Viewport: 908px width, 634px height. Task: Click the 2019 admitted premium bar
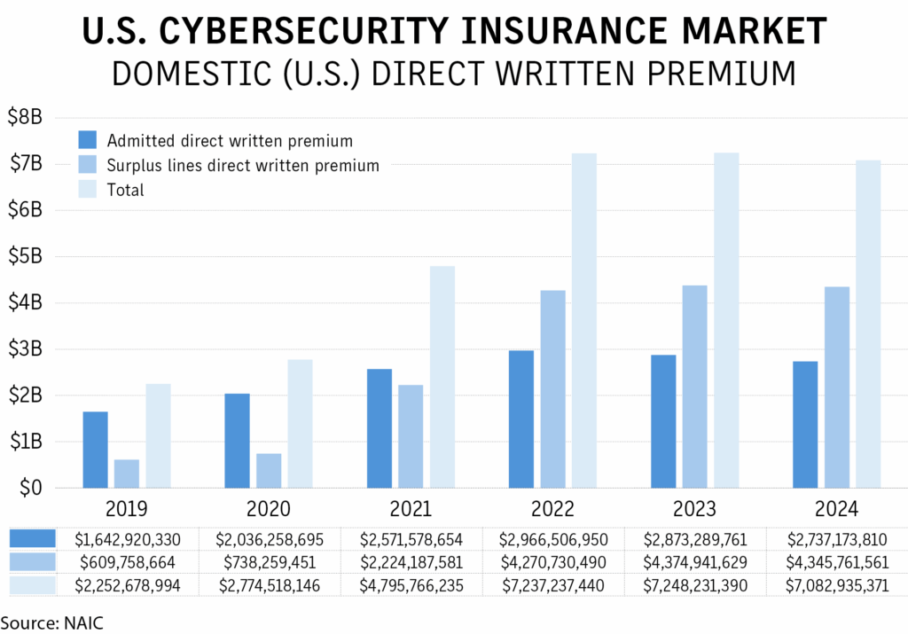click(95, 450)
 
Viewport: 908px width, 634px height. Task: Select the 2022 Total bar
click(584, 320)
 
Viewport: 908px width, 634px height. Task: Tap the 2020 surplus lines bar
click(269, 471)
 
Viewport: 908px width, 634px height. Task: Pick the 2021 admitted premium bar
click(379, 428)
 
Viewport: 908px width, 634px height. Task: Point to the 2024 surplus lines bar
click(837, 387)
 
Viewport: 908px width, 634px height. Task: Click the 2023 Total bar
click(726, 320)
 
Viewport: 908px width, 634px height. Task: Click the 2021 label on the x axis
click(411, 509)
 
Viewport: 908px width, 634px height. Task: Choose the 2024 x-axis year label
click(836, 509)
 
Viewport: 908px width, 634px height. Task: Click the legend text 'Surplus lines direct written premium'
click(242, 165)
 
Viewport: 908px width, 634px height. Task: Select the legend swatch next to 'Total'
click(87, 190)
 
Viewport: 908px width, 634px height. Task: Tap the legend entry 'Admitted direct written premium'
click(230, 140)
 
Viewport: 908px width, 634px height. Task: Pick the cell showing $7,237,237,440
click(553, 584)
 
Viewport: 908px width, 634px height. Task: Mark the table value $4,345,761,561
click(836, 561)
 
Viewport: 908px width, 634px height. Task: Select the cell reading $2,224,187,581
click(411, 561)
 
